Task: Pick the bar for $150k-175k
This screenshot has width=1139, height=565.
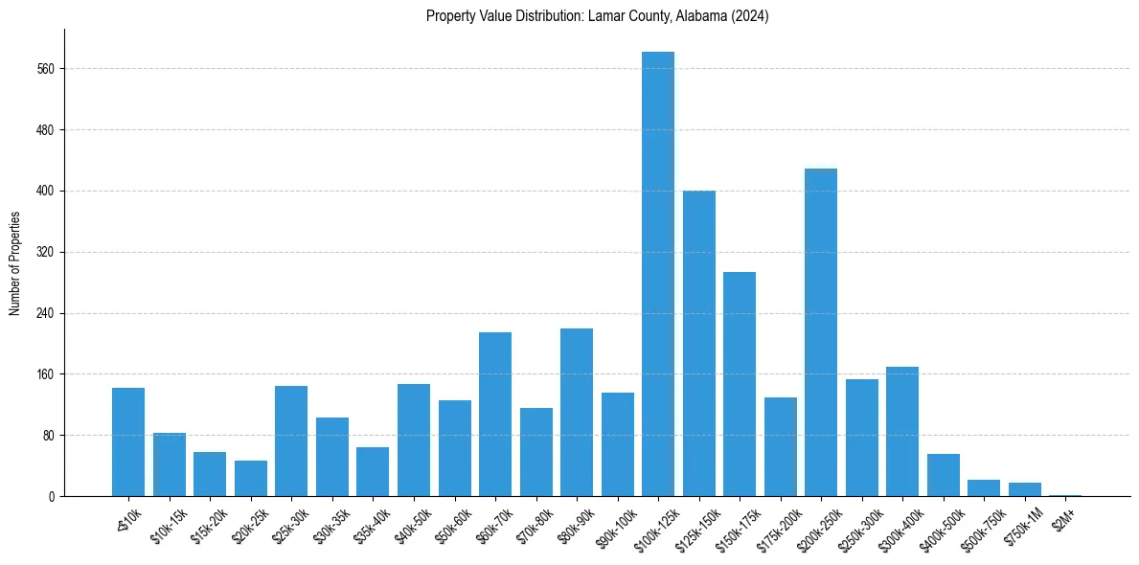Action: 740,384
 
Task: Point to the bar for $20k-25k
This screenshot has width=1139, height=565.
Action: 251,479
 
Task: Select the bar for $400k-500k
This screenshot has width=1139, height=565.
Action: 944,475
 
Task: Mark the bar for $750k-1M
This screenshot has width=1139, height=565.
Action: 1025,489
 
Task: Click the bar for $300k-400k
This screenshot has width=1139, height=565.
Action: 902,431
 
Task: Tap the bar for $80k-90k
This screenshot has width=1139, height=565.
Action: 577,412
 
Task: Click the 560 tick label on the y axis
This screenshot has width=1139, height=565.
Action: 45,69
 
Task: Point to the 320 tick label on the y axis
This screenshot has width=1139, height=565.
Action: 45,253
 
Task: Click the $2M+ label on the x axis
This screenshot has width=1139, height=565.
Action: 1064,517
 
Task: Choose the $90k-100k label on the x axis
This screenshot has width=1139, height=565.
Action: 615,525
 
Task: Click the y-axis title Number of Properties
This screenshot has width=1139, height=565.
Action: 14,263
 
